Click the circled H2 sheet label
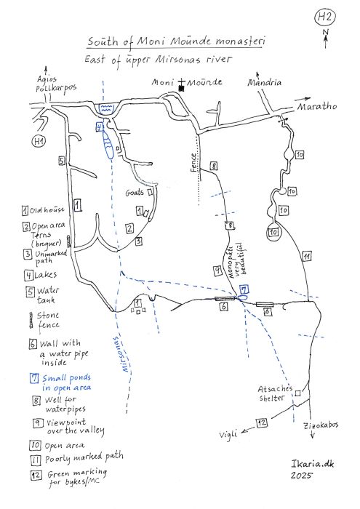[x=324, y=17]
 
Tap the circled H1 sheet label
[x=39, y=141]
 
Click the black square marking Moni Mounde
[x=182, y=88]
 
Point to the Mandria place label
[x=264, y=81]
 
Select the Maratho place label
[x=317, y=106]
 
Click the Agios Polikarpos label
[x=55, y=84]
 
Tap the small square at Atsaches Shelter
[x=297, y=393]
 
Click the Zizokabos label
[x=321, y=425]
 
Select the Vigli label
[x=228, y=433]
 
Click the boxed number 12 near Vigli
[x=262, y=422]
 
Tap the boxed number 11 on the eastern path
[x=307, y=257]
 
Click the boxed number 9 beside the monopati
[x=217, y=270]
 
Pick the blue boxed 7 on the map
[x=244, y=289]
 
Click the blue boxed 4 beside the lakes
[x=100, y=127]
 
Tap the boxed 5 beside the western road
[x=62, y=161]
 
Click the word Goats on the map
[x=135, y=193]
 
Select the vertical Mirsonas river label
[x=121, y=355]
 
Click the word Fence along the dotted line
[x=193, y=163]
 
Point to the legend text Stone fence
[x=49, y=320]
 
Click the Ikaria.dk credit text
[x=312, y=464]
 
